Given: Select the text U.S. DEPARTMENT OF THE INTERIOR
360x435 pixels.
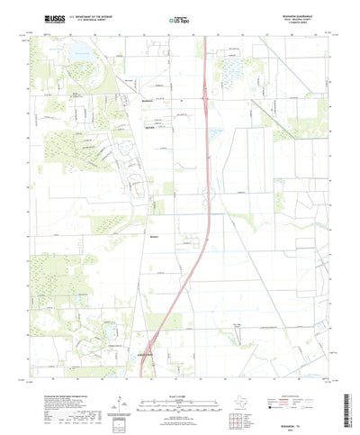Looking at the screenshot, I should (102, 16).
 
